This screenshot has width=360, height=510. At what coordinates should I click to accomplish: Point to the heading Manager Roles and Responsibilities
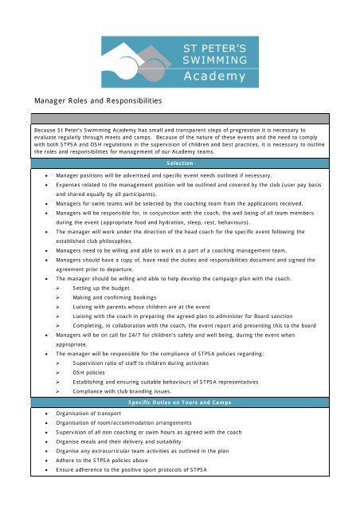pyautogui.click(x=96, y=102)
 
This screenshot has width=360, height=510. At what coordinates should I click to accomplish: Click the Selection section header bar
pyautogui.click(x=179, y=163)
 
